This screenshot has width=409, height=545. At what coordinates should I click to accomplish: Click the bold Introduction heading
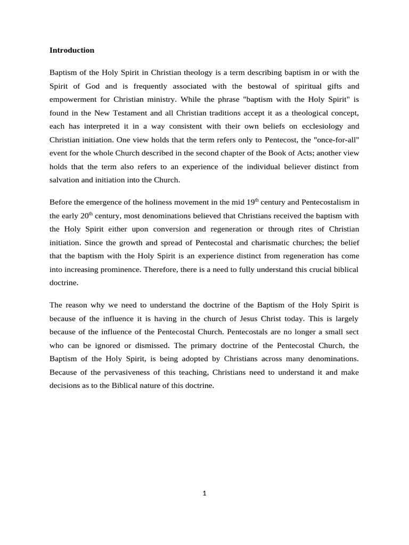71,50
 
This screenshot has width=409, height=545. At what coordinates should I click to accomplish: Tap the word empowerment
73,99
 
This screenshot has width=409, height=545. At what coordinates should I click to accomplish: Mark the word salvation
66,180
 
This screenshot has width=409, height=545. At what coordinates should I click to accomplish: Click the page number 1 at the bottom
204,493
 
